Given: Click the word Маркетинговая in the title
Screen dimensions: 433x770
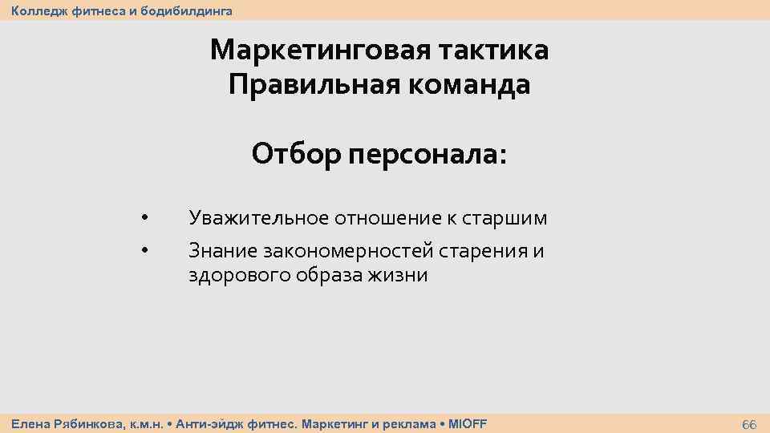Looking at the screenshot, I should pyautogui.click(x=320, y=51).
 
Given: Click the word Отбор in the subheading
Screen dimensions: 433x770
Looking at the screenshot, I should pyautogui.click(x=295, y=152).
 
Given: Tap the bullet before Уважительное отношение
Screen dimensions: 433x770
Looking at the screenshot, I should pyautogui.click(x=144, y=217).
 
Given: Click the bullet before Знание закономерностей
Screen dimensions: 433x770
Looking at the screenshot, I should pyautogui.click(x=144, y=251).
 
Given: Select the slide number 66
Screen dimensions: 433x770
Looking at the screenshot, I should pyautogui.click(x=749, y=423).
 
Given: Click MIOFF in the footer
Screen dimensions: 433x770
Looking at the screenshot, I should pyautogui.click(x=468, y=423).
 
